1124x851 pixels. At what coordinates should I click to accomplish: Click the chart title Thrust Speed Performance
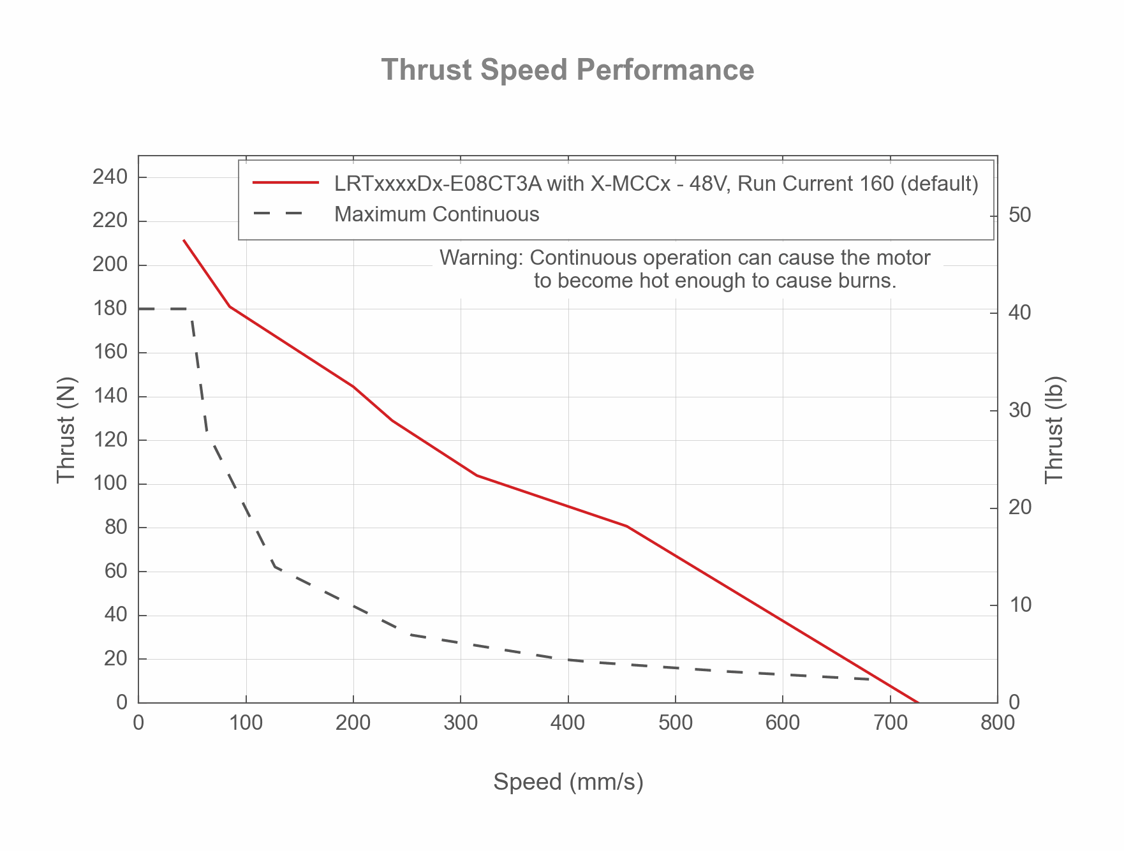pos(567,70)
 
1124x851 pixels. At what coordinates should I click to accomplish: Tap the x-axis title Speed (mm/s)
pos(568,781)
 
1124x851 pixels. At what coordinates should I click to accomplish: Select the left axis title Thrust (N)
pos(66,430)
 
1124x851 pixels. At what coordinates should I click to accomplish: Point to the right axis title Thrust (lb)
pos(1055,430)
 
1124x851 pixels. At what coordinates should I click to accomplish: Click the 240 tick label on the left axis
pos(110,177)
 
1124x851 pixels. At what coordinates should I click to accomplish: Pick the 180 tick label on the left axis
pos(110,309)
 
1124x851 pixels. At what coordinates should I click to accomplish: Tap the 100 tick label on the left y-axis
pos(110,484)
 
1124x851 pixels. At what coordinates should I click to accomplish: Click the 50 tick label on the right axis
pos(1020,215)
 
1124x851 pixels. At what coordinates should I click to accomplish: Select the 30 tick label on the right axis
pos(1020,410)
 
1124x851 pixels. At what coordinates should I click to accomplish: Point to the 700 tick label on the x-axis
pos(890,723)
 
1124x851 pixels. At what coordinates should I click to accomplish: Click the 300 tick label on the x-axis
pos(461,723)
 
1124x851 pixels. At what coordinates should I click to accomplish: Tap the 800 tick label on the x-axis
pos(997,723)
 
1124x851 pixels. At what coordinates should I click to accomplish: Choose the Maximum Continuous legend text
pos(437,214)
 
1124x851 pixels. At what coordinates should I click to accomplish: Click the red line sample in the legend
pos(285,183)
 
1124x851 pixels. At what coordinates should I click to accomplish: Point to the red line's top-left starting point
pos(184,241)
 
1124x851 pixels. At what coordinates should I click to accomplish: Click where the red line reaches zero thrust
pos(917,702)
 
